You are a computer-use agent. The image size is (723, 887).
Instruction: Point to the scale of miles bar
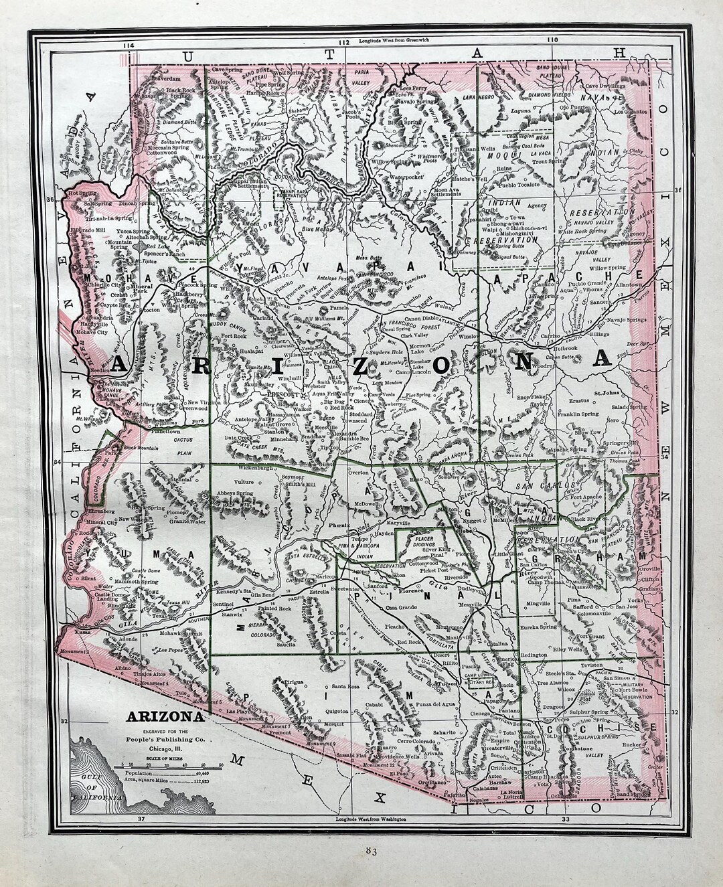(x=170, y=764)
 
